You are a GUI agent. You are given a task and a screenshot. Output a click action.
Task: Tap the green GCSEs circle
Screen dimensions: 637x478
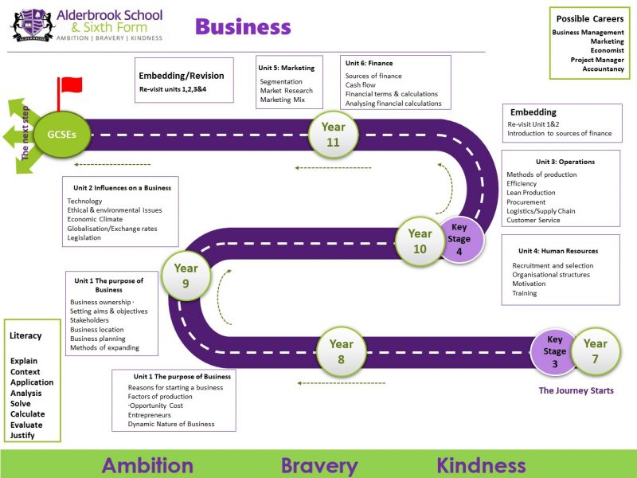(62, 135)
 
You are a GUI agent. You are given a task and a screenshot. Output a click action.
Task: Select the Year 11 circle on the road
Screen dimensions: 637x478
(333, 135)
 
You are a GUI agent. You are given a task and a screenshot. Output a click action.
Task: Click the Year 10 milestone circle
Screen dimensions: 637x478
(420, 241)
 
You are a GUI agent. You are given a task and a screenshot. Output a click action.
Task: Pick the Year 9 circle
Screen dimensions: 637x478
(186, 276)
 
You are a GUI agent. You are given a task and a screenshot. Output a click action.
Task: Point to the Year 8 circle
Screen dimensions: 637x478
(342, 351)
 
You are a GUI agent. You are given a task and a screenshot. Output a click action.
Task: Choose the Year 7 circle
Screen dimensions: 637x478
(596, 351)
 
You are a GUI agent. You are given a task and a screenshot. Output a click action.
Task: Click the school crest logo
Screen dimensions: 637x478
(33, 25)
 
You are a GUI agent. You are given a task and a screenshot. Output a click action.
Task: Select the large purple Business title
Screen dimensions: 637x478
(243, 27)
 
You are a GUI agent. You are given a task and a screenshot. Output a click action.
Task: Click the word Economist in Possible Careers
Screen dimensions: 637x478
(607, 50)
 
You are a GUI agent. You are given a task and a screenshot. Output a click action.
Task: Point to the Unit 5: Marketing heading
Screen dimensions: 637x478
(287, 68)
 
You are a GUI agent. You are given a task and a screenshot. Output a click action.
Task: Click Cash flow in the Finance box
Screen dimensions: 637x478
(361, 85)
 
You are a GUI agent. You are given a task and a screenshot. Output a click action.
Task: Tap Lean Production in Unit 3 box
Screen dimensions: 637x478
(530, 193)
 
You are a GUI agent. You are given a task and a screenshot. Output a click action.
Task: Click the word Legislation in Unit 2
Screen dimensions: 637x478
(84, 237)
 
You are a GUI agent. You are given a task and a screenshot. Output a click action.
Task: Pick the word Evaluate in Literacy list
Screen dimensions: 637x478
(26, 425)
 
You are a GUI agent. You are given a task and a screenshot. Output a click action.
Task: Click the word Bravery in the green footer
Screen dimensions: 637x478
(319, 466)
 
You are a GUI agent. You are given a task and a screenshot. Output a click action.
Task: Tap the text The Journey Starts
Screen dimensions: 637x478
(576, 390)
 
